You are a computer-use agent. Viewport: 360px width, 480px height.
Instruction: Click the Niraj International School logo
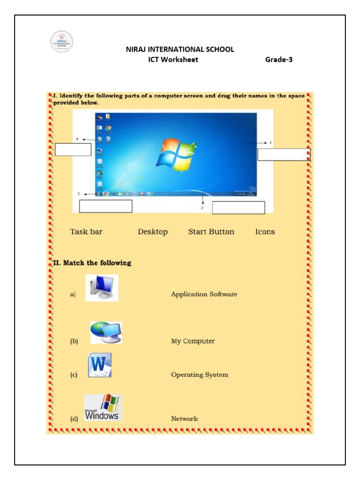pyautogui.click(x=61, y=42)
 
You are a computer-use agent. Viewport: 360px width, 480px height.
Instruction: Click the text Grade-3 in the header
pyautogui.click(x=279, y=60)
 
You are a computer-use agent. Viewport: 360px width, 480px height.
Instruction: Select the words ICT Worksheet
pyautogui.click(x=173, y=60)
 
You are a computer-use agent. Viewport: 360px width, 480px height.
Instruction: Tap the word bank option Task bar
pyautogui.click(x=86, y=232)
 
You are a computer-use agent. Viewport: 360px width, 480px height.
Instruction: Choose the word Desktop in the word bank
pyautogui.click(x=152, y=232)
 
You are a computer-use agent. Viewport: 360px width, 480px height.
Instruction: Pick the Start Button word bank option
pyautogui.click(x=211, y=232)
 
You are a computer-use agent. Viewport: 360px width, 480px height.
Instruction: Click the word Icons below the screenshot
pyautogui.click(x=265, y=232)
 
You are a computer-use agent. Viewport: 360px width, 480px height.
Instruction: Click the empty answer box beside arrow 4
pyautogui.click(x=73, y=150)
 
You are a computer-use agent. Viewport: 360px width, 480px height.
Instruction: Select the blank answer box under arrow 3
pyautogui.click(x=283, y=155)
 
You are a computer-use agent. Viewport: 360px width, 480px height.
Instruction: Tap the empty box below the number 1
pyautogui.click(x=105, y=206)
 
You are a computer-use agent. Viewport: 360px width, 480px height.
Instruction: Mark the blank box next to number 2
pyautogui.click(x=239, y=208)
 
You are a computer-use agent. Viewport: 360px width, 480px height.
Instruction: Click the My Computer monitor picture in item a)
pyautogui.click(x=102, y=288)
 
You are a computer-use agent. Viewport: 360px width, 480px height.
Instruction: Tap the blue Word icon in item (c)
pyautogui.click(x=99, y=366)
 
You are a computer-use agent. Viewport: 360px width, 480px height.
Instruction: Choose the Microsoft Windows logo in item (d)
pyautogui.click(x=102, y=407)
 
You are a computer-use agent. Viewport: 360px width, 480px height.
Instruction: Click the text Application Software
pyautogui.click(x=204, y=294)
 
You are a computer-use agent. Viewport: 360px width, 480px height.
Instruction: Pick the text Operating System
pyautogui.click(x=200, y=375)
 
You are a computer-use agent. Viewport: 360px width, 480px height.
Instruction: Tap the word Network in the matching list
pyautogui.click(x=184, y=419)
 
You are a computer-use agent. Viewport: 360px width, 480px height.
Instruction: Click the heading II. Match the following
pyautogui.click(x=91, y=263)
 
